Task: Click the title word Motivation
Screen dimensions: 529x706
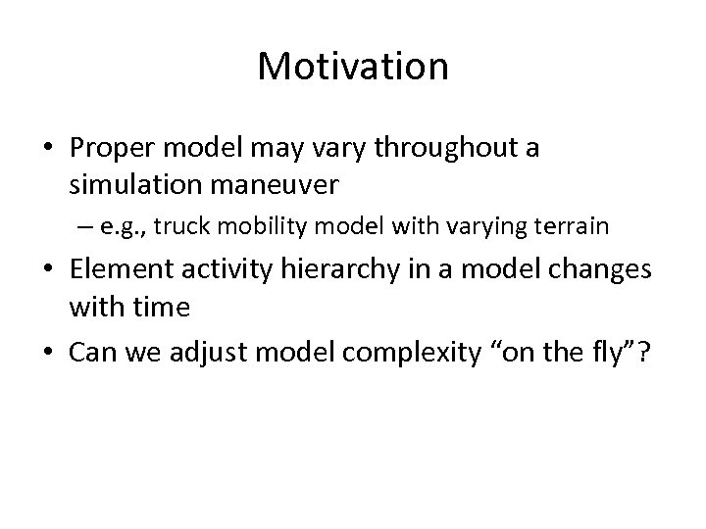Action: [353, 67]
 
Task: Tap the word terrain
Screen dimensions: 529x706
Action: [572, 227]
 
